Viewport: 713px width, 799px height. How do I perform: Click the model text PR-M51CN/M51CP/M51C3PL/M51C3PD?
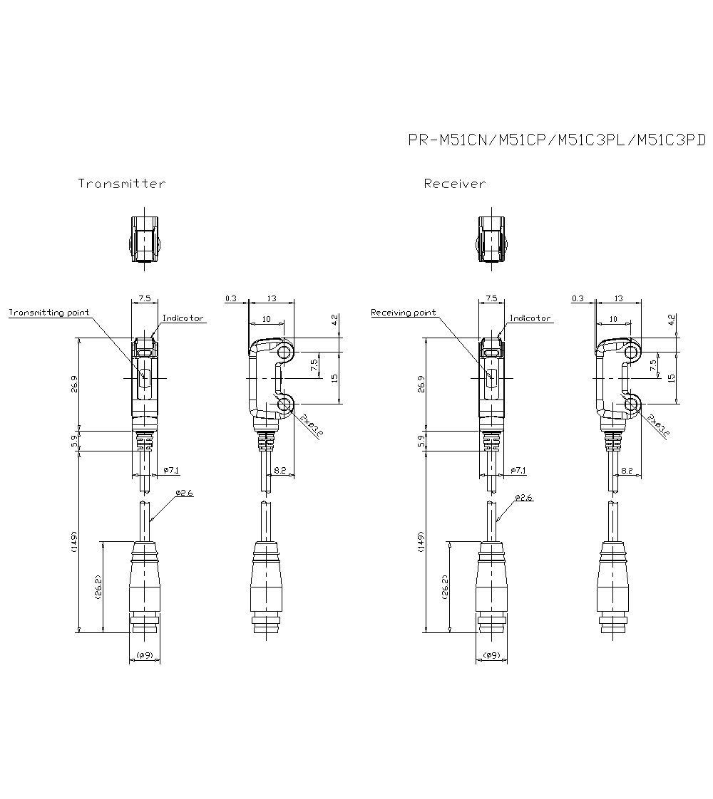tap(556, 140)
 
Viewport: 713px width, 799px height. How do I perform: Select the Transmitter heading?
tap(122, 184)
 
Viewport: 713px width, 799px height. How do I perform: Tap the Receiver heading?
tap(455, 184)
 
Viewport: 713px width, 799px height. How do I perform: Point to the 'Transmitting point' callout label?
tap(48, 313)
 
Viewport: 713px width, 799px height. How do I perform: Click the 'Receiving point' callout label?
tap(404, 313)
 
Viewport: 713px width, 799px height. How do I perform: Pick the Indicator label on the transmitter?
tap(183, 318)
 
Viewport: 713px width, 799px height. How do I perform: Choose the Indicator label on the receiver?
tap(530, 318)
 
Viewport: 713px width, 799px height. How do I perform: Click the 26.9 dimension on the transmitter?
tap(74, 385)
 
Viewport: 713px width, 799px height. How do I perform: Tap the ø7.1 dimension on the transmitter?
tap(171, 471)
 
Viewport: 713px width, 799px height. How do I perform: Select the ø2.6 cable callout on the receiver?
tap(523, 497)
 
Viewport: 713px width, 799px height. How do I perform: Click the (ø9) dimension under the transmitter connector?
tap(144, 654)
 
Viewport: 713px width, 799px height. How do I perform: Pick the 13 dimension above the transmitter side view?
tap(272, 298)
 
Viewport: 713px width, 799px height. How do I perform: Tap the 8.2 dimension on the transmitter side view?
tap(279, 471)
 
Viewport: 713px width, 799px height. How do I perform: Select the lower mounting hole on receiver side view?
tap(632, 404)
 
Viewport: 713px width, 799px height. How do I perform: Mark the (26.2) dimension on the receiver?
tap(445, 586)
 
